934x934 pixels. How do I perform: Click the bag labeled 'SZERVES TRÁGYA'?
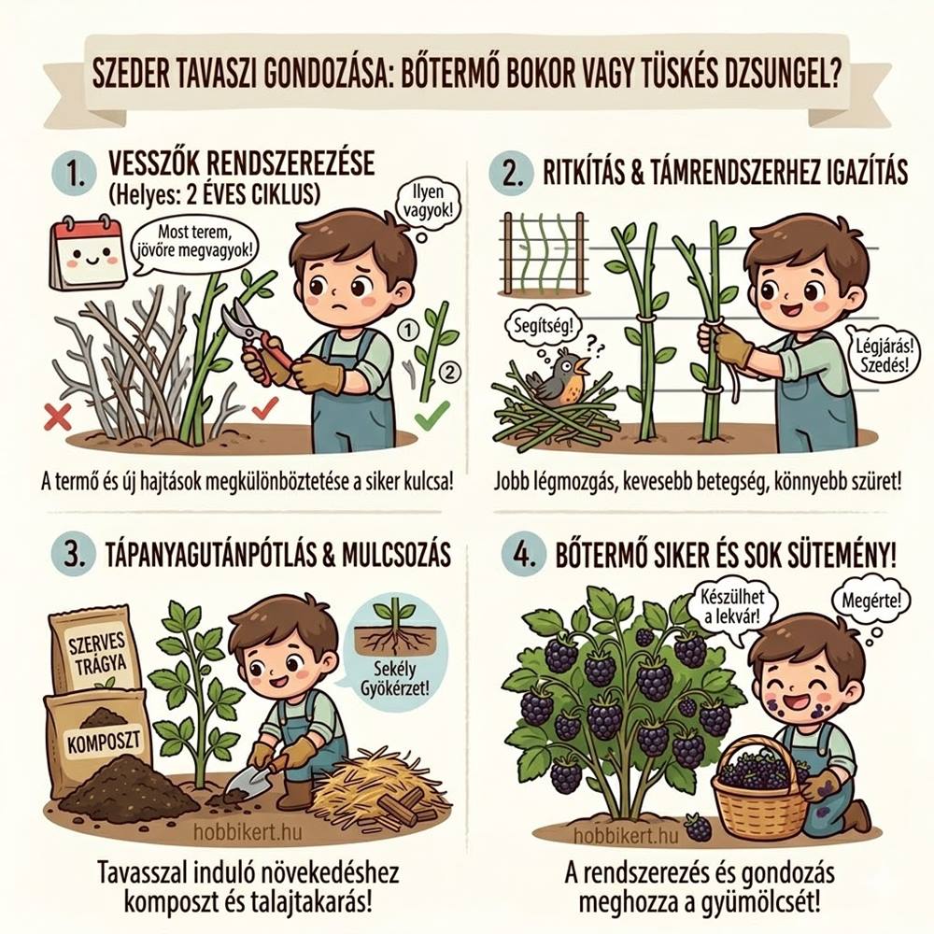[x=94, y=653]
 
